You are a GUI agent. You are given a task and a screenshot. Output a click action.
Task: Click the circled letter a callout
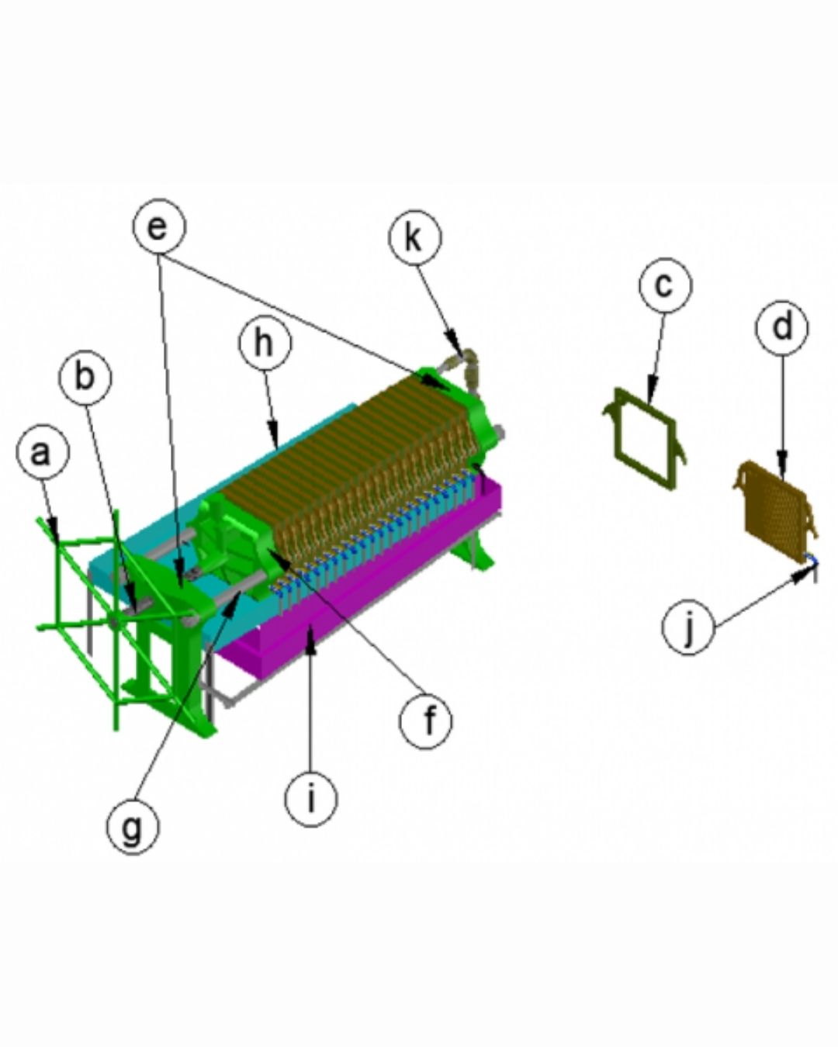43,453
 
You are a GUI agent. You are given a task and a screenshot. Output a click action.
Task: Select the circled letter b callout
85,377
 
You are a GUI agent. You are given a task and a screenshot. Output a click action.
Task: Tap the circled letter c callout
665,285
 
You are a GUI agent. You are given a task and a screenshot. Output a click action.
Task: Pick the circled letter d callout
781,327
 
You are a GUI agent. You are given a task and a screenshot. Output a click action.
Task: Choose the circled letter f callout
425,722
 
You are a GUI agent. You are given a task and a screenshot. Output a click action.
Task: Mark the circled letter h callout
265,343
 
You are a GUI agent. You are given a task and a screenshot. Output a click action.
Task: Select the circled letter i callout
310,799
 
